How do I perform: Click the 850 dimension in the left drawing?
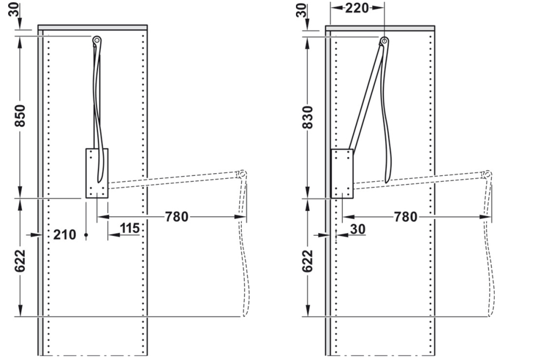[x=19, y=116]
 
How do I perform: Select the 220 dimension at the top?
[x=357, y=8]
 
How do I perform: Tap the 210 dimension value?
[x=64, y=234]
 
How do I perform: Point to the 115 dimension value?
[x=130, y=228]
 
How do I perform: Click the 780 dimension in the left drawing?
[x=177, y=217]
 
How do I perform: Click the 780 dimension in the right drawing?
[x=406, y=217]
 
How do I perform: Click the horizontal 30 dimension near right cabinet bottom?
[x=357, y=229]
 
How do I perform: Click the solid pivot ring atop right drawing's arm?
[x=384, y=41]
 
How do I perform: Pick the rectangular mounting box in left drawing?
[x=97, y=173]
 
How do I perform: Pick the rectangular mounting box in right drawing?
[x=342, y=174]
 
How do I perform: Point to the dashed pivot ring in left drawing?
[x=242, y=174]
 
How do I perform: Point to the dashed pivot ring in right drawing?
[x=487, y=174]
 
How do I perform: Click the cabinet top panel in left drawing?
[x=92, y=27]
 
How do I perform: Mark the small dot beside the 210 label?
[x=86, y=235]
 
